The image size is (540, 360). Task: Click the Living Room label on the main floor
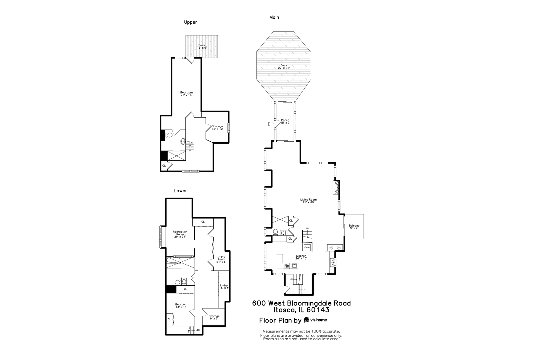(x=308, y=201)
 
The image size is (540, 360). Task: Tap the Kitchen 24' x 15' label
(x=301, y=257)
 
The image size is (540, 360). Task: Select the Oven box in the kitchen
(x=307, y=248)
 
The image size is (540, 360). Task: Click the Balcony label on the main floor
(x=354, y=227)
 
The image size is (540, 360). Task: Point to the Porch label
(x=285, y=121)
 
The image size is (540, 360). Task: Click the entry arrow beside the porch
(x=271, y=124)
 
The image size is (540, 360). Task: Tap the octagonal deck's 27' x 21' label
(x=284, y=67)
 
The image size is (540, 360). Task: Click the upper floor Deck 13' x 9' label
(x=202, y=46)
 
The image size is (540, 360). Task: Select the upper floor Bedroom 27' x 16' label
(x=186, y=94)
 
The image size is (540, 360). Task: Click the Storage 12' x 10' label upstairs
(x=217, y=127)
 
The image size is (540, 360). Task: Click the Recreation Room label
(x=180, y=234)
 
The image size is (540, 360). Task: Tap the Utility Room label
(x=221, y=259)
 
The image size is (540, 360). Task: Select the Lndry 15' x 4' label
(x=224, y=286)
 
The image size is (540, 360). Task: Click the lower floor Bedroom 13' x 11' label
(x=181, y=305)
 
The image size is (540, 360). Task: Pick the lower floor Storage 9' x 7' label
(x=214, y=317)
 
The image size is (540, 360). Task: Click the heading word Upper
(x=191, y=22)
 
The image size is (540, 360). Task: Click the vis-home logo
(x=315, y=320)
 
